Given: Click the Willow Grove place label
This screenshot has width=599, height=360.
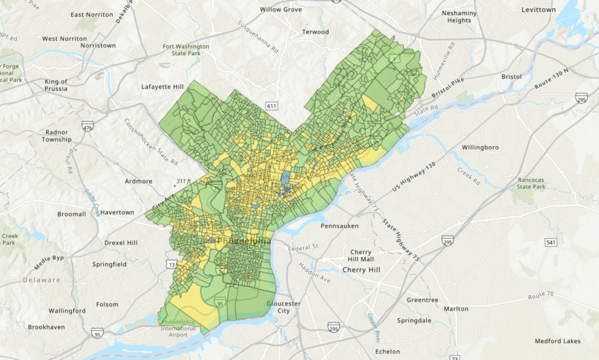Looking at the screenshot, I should (281, 10).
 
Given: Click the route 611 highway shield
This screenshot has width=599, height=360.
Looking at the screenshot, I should (272, 105).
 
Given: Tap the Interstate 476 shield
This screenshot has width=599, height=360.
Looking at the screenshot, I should (87, 127).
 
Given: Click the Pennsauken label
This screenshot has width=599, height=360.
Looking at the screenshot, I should (343, 226).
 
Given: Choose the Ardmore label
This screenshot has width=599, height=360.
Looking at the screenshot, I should (137, 181).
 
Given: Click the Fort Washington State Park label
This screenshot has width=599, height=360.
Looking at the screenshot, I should (186, 49).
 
